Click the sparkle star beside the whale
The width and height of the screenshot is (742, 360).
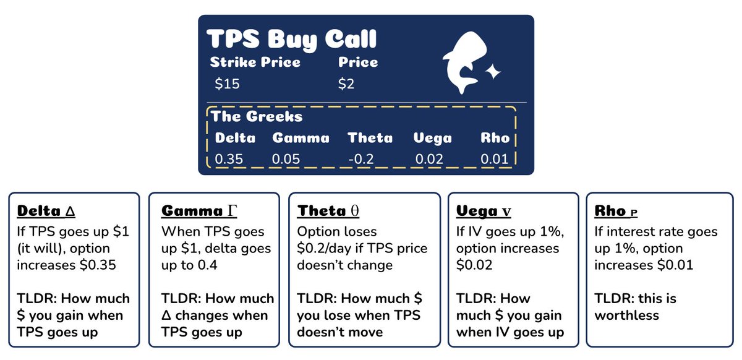(x=493, y=73)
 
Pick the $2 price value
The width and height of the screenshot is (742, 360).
(x=346, y=84)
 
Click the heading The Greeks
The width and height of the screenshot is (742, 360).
(x=257, y=116)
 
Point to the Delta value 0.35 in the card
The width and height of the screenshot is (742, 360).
(x=229, y=159)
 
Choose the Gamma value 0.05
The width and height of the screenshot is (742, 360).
(x=286, y=159)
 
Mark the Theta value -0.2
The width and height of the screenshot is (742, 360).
(x=361, y=159)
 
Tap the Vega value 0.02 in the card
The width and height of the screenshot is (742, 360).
(x=430, y=159)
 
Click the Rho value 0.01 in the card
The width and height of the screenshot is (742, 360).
(x=494, y=159)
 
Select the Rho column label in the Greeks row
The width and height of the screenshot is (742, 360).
(x=495, y=137)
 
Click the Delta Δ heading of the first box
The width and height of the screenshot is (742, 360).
(x=46, y=211)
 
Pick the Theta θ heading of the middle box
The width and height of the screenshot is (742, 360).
(x=328, y=211)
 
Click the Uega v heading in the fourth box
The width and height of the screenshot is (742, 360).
(x=484, y=211)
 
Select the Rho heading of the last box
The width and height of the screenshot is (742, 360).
(x=616, y=211)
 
